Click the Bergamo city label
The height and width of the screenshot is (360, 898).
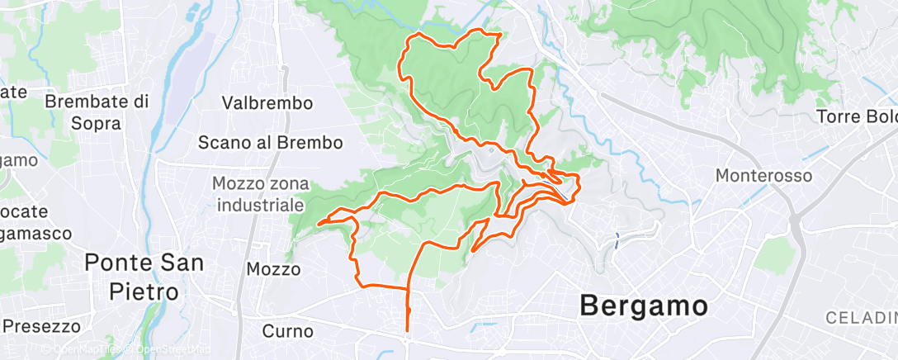tap(643, 306)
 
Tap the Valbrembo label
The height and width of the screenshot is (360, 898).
tap(267, 103)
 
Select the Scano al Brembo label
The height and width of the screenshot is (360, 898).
tap(270, 142)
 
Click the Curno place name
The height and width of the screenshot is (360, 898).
tap(287, 331)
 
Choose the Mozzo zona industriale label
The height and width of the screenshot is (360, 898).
tap(259, 193)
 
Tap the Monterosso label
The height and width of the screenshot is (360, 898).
tap(763, 176)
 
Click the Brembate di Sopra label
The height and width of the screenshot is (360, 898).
tap(96, 112)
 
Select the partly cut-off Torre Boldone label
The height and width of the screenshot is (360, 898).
tap(857, 116)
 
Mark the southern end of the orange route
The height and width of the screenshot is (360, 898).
tap(407, 334)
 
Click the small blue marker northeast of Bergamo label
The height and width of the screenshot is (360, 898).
tap(617, 240)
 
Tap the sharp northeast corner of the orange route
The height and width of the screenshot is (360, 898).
tap(500, 34)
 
